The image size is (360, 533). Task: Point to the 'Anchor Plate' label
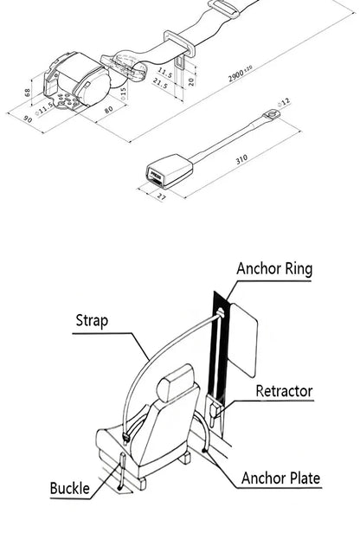[280, 478]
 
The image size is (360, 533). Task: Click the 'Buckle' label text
[69, 489]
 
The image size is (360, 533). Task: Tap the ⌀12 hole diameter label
[285, 103]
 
